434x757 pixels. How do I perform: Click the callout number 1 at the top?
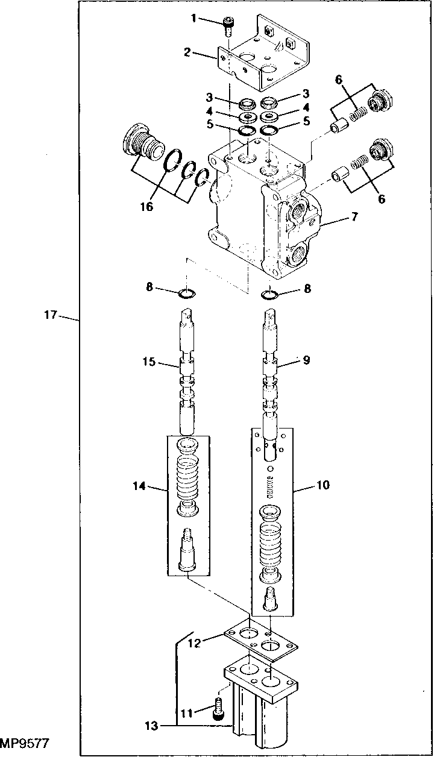[194, 18]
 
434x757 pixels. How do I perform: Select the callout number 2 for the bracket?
[187, 52]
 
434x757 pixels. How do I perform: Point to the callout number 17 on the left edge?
[51, 315]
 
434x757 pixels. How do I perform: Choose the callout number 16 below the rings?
[146, 207]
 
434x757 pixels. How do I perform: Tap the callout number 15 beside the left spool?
[148, 362]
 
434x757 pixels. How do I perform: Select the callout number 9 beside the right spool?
[307, 360]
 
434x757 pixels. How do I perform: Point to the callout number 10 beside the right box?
[324, 484]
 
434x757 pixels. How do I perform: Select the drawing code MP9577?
[24, 743]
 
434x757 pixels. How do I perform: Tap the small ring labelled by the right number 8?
[269, 295]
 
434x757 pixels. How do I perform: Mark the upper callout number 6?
[339, 78]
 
